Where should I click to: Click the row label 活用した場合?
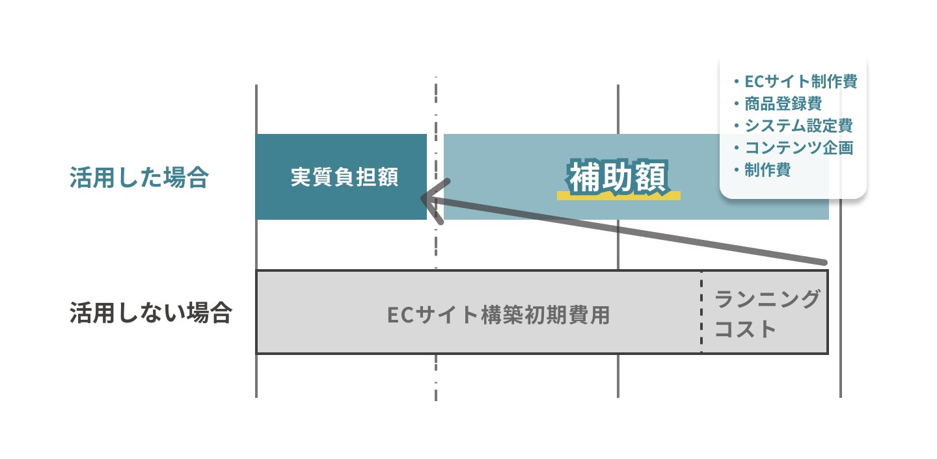coord(139,177)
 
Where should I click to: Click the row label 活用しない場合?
coord(150,313)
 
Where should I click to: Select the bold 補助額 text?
coord(618,176)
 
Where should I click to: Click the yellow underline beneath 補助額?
coord(619,195)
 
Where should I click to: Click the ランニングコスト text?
coord(767,314)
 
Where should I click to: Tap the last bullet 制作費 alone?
coord(768,170)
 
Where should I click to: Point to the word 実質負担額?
coord(344,177)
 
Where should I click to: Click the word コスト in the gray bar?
coord(746,328)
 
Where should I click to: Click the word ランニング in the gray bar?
coord(767,300)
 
